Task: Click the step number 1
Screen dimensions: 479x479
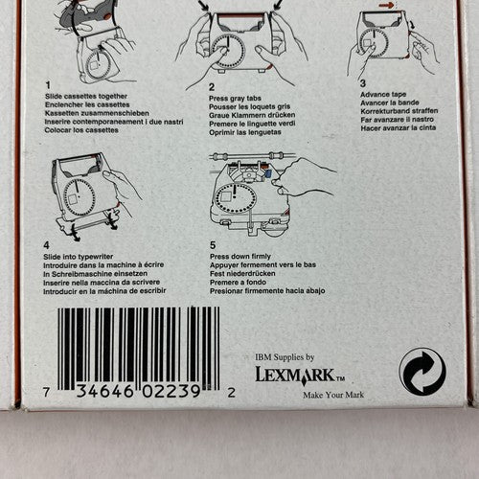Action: click(x=48, y=85)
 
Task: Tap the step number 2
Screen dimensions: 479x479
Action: click(x=212, y=87)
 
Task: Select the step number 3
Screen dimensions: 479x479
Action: click(x=363, y=83)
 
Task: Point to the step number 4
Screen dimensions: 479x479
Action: click(x=46, y=245)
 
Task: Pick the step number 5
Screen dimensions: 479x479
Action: click(x=213, y=245)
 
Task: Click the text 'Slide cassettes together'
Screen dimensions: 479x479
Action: click(x=86, y=96)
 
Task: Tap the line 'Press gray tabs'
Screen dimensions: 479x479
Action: click(x=235, y=98)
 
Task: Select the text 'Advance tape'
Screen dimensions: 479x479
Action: click(x=383, y=94)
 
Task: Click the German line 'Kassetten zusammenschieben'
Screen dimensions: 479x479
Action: click(x=97, y=113)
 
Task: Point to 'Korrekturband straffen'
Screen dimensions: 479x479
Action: click(x=399, y=111)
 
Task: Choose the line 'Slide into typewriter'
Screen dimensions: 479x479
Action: click(x=79, y=257)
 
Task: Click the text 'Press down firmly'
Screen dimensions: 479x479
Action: click(x=240, y=256)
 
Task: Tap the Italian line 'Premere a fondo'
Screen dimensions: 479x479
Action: click(x=238, y=282)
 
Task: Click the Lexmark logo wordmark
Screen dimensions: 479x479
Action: click(x=300, y=375)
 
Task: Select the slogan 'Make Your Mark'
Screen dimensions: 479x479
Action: click(x=333, y=395)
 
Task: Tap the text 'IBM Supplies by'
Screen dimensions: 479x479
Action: click(x=285, y=357)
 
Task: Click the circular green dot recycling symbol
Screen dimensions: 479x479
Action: click(x=422, y=373)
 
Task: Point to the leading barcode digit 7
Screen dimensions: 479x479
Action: click(x=46, y=392)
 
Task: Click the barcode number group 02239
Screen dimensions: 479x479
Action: click(x=171, y=392)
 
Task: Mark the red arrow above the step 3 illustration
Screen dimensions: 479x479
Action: click(x=386, y=5)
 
